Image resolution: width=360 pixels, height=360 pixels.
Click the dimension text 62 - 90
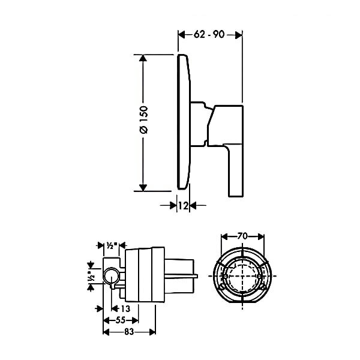click(x=209, y=34)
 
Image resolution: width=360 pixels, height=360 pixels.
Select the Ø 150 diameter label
click(x=143, y=122)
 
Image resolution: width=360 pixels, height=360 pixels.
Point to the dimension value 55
click(x=121, y=320)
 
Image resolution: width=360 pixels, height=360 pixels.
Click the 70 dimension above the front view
click(x=242, y=236)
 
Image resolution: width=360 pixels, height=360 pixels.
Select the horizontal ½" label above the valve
click(x=111, y=245)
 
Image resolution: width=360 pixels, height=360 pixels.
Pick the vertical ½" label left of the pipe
click(x=90, y=277)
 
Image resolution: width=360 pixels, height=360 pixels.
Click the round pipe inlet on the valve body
click(x=109, y=276)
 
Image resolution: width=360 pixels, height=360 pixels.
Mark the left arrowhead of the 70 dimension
click(x=223, y=236)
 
